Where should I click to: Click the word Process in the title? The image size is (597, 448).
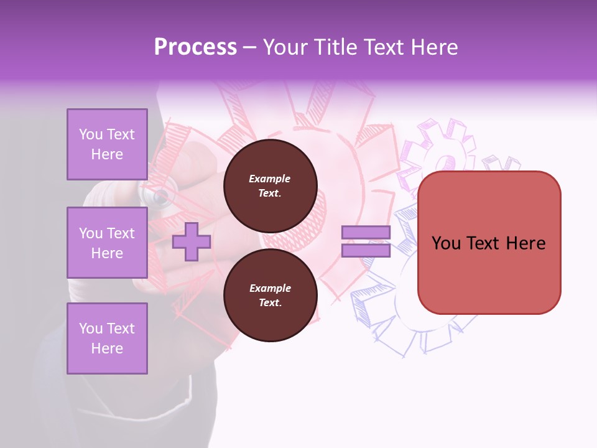[195, 47]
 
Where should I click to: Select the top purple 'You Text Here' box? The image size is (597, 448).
[107, 144]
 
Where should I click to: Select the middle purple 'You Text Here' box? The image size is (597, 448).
[107, 243]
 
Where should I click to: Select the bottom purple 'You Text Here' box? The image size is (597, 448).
[107, 338]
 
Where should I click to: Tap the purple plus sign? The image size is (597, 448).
[192, 242]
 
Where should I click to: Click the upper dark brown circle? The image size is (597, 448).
[270, 186]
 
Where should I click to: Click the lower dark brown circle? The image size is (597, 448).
[270, 296]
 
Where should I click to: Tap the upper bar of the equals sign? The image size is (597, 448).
[366, 233]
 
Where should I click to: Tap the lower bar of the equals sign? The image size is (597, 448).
[366, 251]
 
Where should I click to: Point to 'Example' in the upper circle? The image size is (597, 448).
[270, 179]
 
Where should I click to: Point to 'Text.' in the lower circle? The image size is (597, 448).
[270, 303]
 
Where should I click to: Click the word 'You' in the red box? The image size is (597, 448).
[447, 243]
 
